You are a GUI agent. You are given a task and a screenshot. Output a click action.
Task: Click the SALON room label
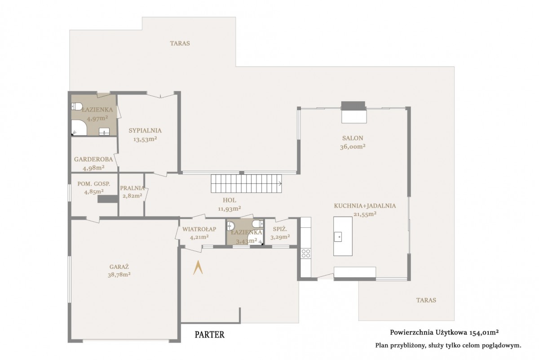pyautogui.click(x=353, y=138)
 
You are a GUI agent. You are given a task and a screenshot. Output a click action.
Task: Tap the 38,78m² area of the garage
pyautogui.click(x=119, y=275)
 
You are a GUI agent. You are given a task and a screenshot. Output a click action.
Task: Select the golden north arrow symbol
pyautogui.click(x=198, y=267)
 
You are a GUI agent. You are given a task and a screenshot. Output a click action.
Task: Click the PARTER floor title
pyautogui.click(x=210, y=335)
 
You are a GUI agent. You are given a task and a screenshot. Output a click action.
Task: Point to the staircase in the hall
pyautogui.click(x=247, y=183)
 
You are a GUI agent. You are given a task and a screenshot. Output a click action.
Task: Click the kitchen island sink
pyautogui.click(x=338, y=237)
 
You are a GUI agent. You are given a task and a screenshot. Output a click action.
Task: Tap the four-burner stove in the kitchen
pyautogui.click(x=306, y=253)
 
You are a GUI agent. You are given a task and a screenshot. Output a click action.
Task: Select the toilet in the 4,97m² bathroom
pyautogui.click(x=76, y=107)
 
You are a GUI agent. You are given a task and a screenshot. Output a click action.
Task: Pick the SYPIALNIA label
pyautogui.click(x=145, y=130)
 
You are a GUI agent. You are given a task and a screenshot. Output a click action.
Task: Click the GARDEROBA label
pyautogui.click(x=93, y=159)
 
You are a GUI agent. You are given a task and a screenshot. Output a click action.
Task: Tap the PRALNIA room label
pyautogui.click(x=133, y=188)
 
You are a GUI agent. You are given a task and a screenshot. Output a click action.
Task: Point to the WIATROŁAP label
pyautogui.click(x=199, y=229)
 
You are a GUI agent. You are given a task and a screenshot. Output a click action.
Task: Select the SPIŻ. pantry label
pyautogui.click(x=280, y=229)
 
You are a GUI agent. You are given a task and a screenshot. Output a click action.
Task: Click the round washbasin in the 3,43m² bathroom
pyautogui.click(x=230, y=226)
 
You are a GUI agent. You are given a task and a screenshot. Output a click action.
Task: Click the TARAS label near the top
pyautogui.click(x=180, y=43)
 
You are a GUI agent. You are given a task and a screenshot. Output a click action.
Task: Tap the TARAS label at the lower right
pyautogui.click(x=426, y=300)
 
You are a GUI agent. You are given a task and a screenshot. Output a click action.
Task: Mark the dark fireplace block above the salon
pyautogui.click(x=353, y=106)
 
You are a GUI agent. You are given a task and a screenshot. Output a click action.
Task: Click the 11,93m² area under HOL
pyautogui.click(x=230, y=209)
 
